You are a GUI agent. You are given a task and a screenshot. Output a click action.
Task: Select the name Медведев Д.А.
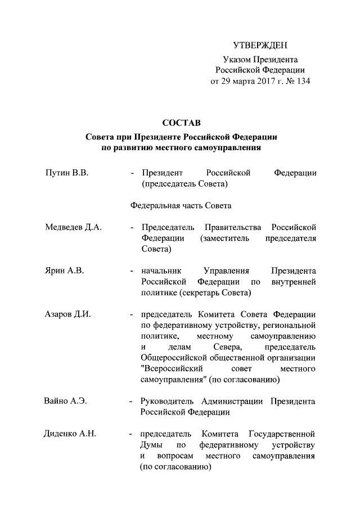[72, 227]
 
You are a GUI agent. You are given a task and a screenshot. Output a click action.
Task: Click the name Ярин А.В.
[64, 271]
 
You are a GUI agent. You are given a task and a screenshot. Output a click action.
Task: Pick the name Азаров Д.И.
[67, 314]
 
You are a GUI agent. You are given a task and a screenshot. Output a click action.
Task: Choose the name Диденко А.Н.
[70, 434]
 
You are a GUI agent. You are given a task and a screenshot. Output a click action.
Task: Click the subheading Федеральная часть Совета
[181, 206]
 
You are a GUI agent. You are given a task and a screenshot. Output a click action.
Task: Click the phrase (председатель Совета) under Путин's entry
[183, 184]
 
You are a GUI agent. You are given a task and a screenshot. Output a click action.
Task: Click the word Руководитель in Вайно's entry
[168, 402]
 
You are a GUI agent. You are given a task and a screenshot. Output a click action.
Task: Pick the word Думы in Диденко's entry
[152, 445]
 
